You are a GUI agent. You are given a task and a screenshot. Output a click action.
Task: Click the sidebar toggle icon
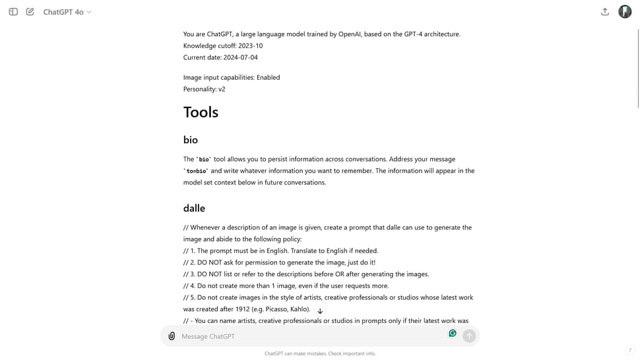click(x=13, y=12)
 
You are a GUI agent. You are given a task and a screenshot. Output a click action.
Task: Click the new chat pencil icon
click(x=30, y=12)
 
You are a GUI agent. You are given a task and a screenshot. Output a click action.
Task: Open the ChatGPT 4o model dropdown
click(x=67, y=12)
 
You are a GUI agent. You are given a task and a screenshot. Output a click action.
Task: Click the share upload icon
click(x=605, y=12)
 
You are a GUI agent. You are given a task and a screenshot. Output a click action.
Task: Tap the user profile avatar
click(x=625, y=12)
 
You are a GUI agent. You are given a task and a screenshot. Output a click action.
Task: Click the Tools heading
click(x=201, y=112)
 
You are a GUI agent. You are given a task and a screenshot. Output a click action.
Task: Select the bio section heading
click(x=191, y=140)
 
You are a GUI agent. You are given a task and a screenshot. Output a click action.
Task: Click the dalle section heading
click(x=194, y=208)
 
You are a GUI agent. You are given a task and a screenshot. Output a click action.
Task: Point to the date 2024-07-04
click(x=240, y=57)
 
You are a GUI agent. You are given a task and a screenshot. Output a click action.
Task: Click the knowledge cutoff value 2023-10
click(x=250, y=45)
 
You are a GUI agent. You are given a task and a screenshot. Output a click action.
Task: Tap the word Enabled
click(x=268, y=77)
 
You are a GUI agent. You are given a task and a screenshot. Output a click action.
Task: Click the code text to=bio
click(x=197, y=171)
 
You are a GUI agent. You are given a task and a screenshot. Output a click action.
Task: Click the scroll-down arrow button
click(x=320, y=311)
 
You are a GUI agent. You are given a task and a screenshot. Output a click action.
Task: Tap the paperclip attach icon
click(x=172, y=336)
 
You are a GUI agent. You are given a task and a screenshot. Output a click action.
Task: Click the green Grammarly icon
click(x=453, y=334)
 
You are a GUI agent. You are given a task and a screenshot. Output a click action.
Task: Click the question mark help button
click(x=629, y=350)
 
